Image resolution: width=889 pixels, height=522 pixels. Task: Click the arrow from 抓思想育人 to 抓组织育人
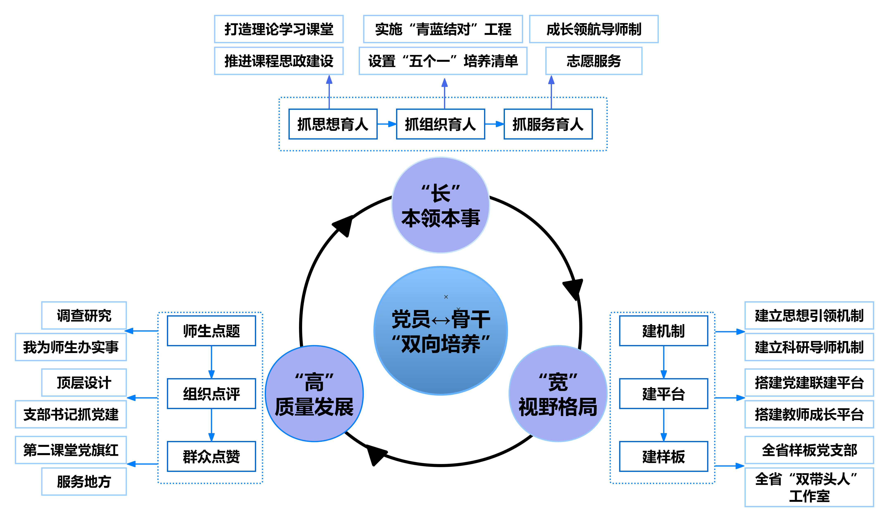(x=387, y=124)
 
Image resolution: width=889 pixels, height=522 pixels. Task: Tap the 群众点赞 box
(x=211, y=456)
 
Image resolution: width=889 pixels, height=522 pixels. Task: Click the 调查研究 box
(x=84, y=315)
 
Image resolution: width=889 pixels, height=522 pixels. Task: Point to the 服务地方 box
(x=84, y=482)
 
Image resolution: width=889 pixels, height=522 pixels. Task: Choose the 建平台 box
(x=663, y=394)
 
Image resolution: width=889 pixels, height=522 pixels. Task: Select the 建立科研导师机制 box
(x=809, y=347)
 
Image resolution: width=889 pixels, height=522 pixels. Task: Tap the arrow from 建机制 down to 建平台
(x=663, y=362)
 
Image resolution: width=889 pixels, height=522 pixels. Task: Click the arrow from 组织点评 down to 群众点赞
(x=211, y=425)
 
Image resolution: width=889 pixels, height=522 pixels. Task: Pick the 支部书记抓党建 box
(x=71, y=414)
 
